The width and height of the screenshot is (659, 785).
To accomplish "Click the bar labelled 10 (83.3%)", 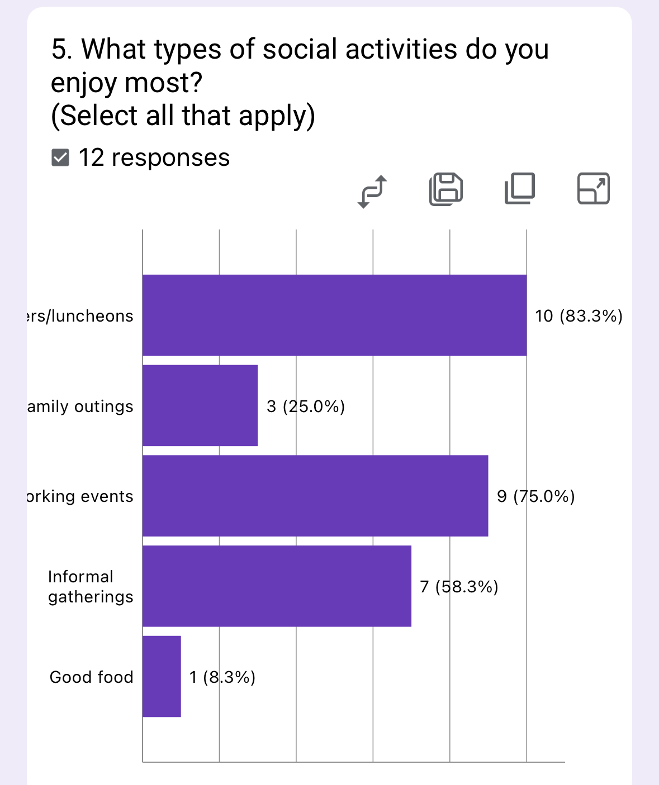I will [334, 315].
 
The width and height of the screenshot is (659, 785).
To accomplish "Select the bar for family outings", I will [200, 405].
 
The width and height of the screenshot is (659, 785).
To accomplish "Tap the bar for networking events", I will [315, 496].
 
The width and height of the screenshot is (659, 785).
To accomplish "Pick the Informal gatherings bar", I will [277, 586].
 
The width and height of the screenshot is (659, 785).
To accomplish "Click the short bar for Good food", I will [162, 676].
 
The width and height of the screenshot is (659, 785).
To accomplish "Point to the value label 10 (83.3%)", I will [579, 316].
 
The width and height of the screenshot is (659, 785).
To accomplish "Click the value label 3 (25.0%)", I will [306, 406].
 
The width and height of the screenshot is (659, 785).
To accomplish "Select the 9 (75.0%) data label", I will [536, 496].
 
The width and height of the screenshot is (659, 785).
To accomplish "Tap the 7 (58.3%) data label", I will [459, 587].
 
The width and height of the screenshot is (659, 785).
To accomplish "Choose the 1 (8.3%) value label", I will [222, 677].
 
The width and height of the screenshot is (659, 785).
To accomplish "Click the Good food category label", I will [92, 677].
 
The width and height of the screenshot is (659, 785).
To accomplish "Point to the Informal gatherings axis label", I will [91, 587].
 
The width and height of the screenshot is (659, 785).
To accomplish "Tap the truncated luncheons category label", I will [80, 316].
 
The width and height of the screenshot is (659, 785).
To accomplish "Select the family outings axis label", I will [80, 406].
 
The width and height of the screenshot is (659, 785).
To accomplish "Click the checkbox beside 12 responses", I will [60, 158].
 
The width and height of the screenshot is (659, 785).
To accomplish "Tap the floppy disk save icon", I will [446, 189].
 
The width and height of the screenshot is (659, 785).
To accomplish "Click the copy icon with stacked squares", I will [520, 189].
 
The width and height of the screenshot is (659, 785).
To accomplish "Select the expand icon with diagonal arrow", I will [593, 189].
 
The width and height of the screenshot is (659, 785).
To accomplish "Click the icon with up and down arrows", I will [372, 191].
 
